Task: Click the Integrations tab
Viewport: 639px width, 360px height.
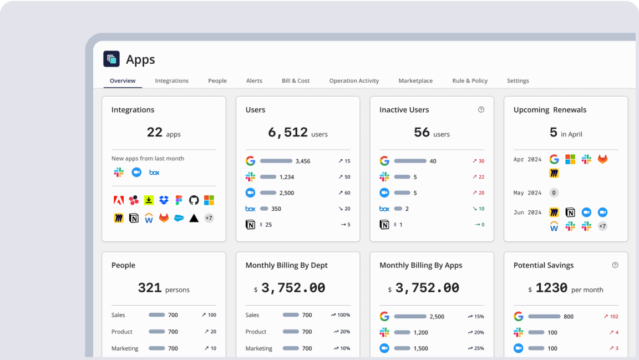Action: coord(171,81)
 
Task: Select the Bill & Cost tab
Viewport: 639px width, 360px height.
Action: coord(296,81)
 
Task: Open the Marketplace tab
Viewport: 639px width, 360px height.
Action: coord(415,81)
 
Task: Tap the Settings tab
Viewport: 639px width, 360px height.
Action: coord(518,81)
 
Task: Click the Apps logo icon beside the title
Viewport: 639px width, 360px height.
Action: coord(111,59)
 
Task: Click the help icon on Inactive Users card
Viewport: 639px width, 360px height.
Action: coord(481,110)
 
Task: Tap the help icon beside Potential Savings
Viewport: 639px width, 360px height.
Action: coord(615,265)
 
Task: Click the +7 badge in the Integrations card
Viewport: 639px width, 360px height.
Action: coord(209,218)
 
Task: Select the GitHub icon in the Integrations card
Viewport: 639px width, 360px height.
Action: coord(194,200)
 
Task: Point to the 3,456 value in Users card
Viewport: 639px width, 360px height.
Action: coord(303,161)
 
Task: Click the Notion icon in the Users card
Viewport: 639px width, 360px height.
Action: coord(250,225)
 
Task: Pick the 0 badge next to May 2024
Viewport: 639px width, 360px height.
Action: coord(554,193)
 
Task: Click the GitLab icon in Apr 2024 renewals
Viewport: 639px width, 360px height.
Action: coord(602,160)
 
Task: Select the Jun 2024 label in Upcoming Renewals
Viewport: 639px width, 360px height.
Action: coord(527,212)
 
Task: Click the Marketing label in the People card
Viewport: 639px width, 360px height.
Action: coord(125,348)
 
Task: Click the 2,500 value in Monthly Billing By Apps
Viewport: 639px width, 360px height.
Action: coord(437,317)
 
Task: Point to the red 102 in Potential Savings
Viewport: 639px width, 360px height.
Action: coord(613,317)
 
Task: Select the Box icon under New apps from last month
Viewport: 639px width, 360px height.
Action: coord(154,173)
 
